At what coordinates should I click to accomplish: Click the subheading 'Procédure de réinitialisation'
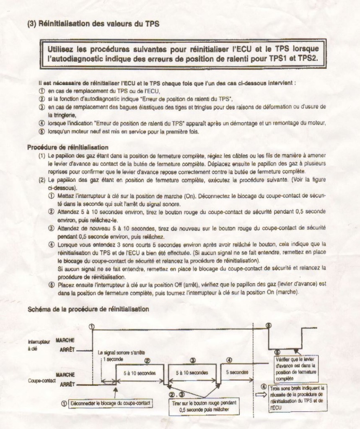tap(68, 147)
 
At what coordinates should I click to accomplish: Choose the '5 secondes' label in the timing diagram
tap(237, 372)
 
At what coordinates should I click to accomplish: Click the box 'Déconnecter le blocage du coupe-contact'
tap(110, 403)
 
